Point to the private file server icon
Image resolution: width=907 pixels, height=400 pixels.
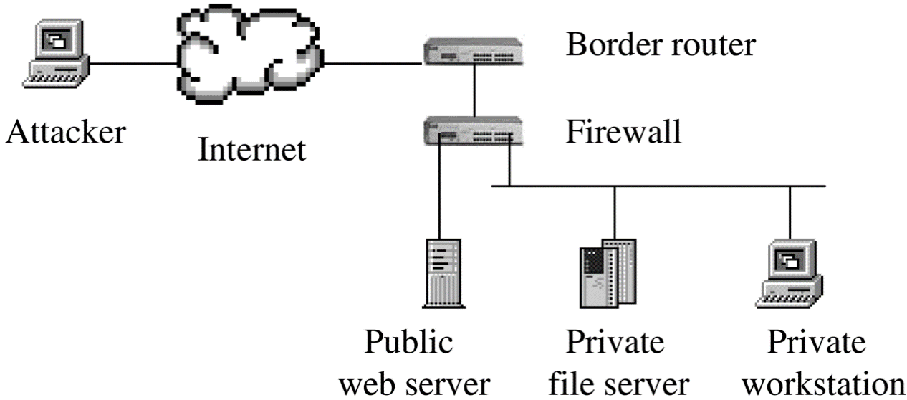tap(607, 272)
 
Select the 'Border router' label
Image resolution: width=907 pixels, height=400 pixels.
tap(660, 44)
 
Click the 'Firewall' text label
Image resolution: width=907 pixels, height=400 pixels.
tap(623, 132)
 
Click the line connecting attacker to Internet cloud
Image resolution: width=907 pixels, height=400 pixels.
tap(133, 62)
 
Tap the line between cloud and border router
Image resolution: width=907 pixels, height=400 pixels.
tap(373, 62)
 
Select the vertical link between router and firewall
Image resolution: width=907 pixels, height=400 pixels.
tap(474, 92)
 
